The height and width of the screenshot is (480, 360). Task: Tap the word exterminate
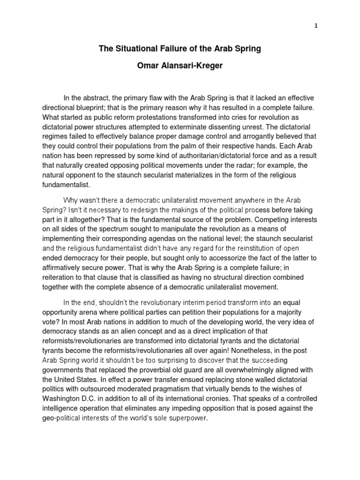tap(193, 127)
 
